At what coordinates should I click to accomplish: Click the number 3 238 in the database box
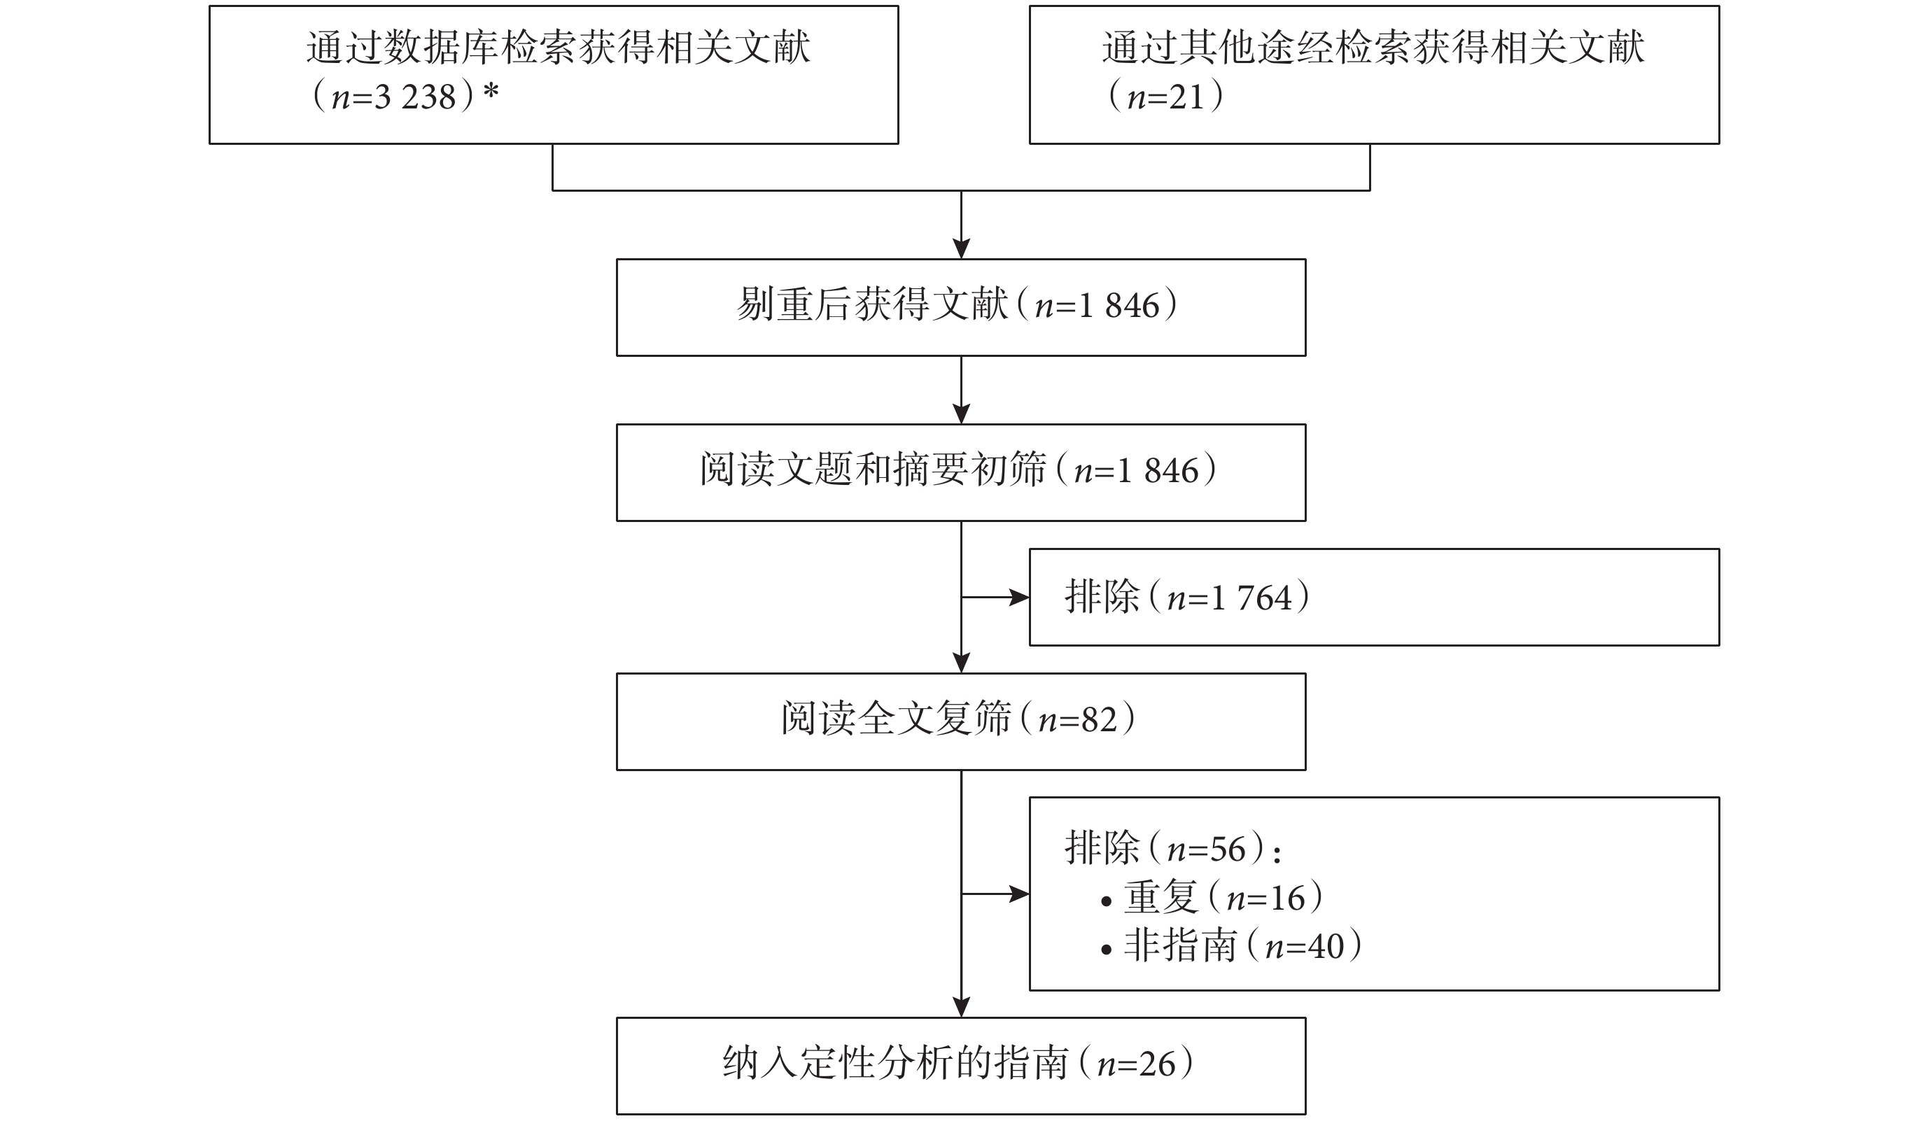pyautogui.click(x=415, y=97)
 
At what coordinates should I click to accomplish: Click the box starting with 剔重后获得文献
pyautogui.click(x=961, y=308)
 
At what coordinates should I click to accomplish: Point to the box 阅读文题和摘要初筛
pyautogui.click(x=961, y=473)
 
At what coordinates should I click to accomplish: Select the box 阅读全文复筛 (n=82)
pyautogui.click(x=961, y=721)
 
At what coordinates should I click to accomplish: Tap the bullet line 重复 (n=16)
pyautogui.click(x=1212, y=897)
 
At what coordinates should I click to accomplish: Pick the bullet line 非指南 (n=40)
pyautogui.click(x=1232, y=946)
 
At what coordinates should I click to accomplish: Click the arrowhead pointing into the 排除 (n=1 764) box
pyautogui.click(x=1020, y=597)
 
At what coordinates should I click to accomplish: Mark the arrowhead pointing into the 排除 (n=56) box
pyautogui.click(x=1020, y=894)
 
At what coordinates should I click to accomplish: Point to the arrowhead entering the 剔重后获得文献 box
pyautogui.click(x=962, y=249)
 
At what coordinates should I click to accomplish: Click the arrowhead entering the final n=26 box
pyautogui.click(x=962, y=1008)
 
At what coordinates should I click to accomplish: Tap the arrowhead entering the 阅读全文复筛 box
pyautogui.click(x=962, y=663)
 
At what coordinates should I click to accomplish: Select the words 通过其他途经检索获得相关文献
pyautogui.click(x=1373, y=48)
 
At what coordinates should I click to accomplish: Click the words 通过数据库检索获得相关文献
pyautogui.click(x=559, y=48)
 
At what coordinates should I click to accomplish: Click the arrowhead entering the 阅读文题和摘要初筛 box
pyautogui.click(x=962, y=415)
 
